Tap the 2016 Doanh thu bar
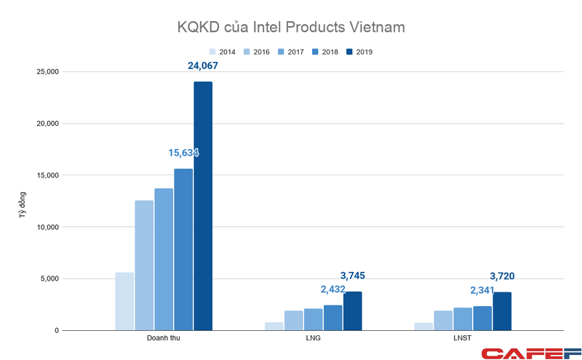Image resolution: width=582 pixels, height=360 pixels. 144,265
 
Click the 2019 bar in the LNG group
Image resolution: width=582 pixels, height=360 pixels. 353,311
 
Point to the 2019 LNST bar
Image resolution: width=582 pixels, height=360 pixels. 502,311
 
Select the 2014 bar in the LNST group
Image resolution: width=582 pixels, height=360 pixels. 423,327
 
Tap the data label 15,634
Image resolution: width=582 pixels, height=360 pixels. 179,153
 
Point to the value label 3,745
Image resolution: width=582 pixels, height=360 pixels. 358,276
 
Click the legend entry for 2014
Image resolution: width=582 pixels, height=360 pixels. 223,52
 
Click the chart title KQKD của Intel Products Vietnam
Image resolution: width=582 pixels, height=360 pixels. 291,28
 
